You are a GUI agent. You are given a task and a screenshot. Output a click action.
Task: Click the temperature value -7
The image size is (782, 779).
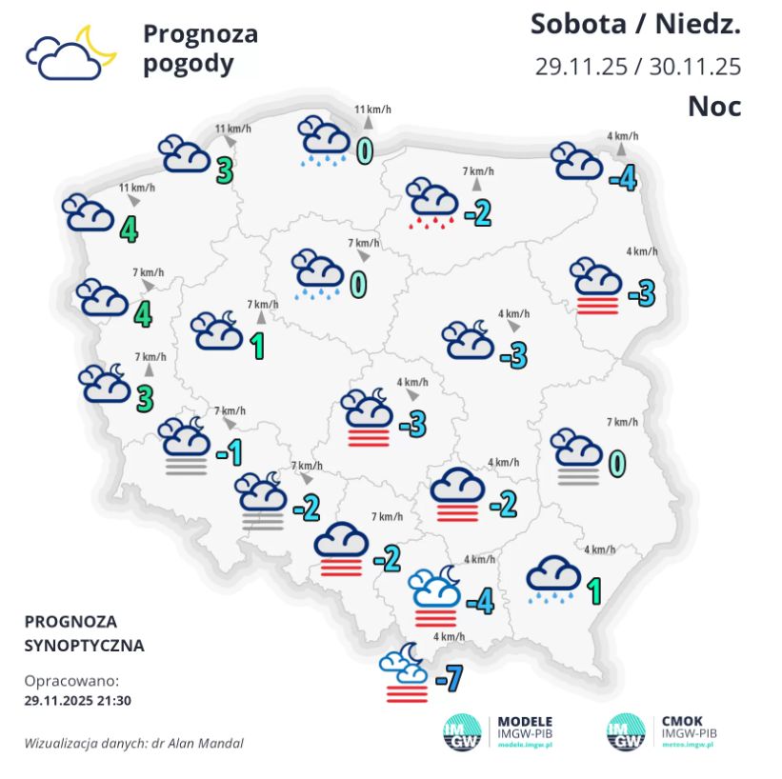pyautogui.click(x=448, y=678)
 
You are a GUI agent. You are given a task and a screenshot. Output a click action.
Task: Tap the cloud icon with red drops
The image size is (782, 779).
pyautogui.click(x=432, y=204)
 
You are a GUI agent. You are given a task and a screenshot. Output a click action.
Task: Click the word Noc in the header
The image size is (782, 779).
pyautogui.click(x=714, y=106)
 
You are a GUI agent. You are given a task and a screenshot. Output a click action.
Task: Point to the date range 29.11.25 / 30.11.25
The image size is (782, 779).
pyautogui.click(x=637, y=67)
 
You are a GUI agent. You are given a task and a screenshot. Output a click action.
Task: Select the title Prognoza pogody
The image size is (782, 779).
pyautogui.click(x=200, y=49)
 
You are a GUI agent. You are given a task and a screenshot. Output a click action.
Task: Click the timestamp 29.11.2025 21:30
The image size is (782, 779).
pyautogui.click(x=77, y=699)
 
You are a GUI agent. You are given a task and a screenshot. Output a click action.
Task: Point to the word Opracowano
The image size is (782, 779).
pyautogui.click(x=71, y=681)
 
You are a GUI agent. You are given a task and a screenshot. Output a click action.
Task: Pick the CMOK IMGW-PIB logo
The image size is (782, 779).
pyautogui.click(x=659, y=731)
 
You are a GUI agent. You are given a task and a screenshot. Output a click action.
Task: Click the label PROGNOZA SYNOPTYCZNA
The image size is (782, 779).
pyautogui.click(x=84, y=633)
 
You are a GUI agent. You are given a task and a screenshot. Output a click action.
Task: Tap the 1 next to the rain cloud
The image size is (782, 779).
pyautogui.click(x=593, y=591)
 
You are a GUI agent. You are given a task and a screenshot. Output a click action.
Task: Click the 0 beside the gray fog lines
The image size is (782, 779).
pyautogui.click(x=616, y=463)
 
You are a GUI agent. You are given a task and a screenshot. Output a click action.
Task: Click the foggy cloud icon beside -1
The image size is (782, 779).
pyautogui.click(x=185, y=445)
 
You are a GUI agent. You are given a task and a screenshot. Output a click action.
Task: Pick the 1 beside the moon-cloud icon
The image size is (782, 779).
pyautogui.click(x=256, y=347)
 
